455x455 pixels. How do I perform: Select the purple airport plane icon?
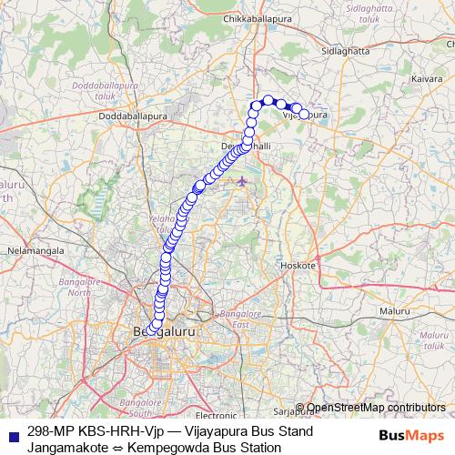click(x=241, y=181)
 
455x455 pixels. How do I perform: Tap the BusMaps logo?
click(x=411, y=438)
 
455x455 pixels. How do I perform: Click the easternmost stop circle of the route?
click(x=305, y=115)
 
